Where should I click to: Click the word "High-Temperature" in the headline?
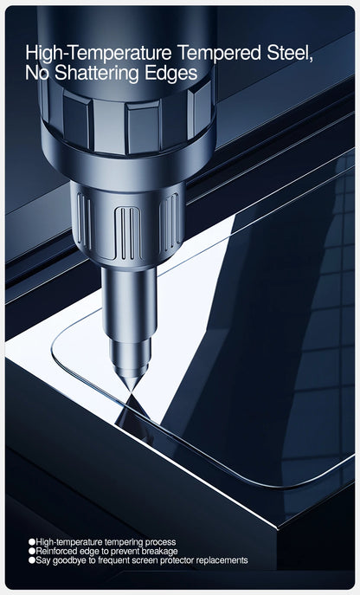(x=99, y=53)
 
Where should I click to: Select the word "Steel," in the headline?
(x=290, y=53)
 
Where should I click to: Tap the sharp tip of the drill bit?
(x=132, y=391)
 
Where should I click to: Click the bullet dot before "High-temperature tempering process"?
(x=31, y=542)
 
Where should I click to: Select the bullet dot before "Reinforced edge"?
(x=31, y=551)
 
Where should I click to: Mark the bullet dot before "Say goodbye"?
(x=31, y=560)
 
